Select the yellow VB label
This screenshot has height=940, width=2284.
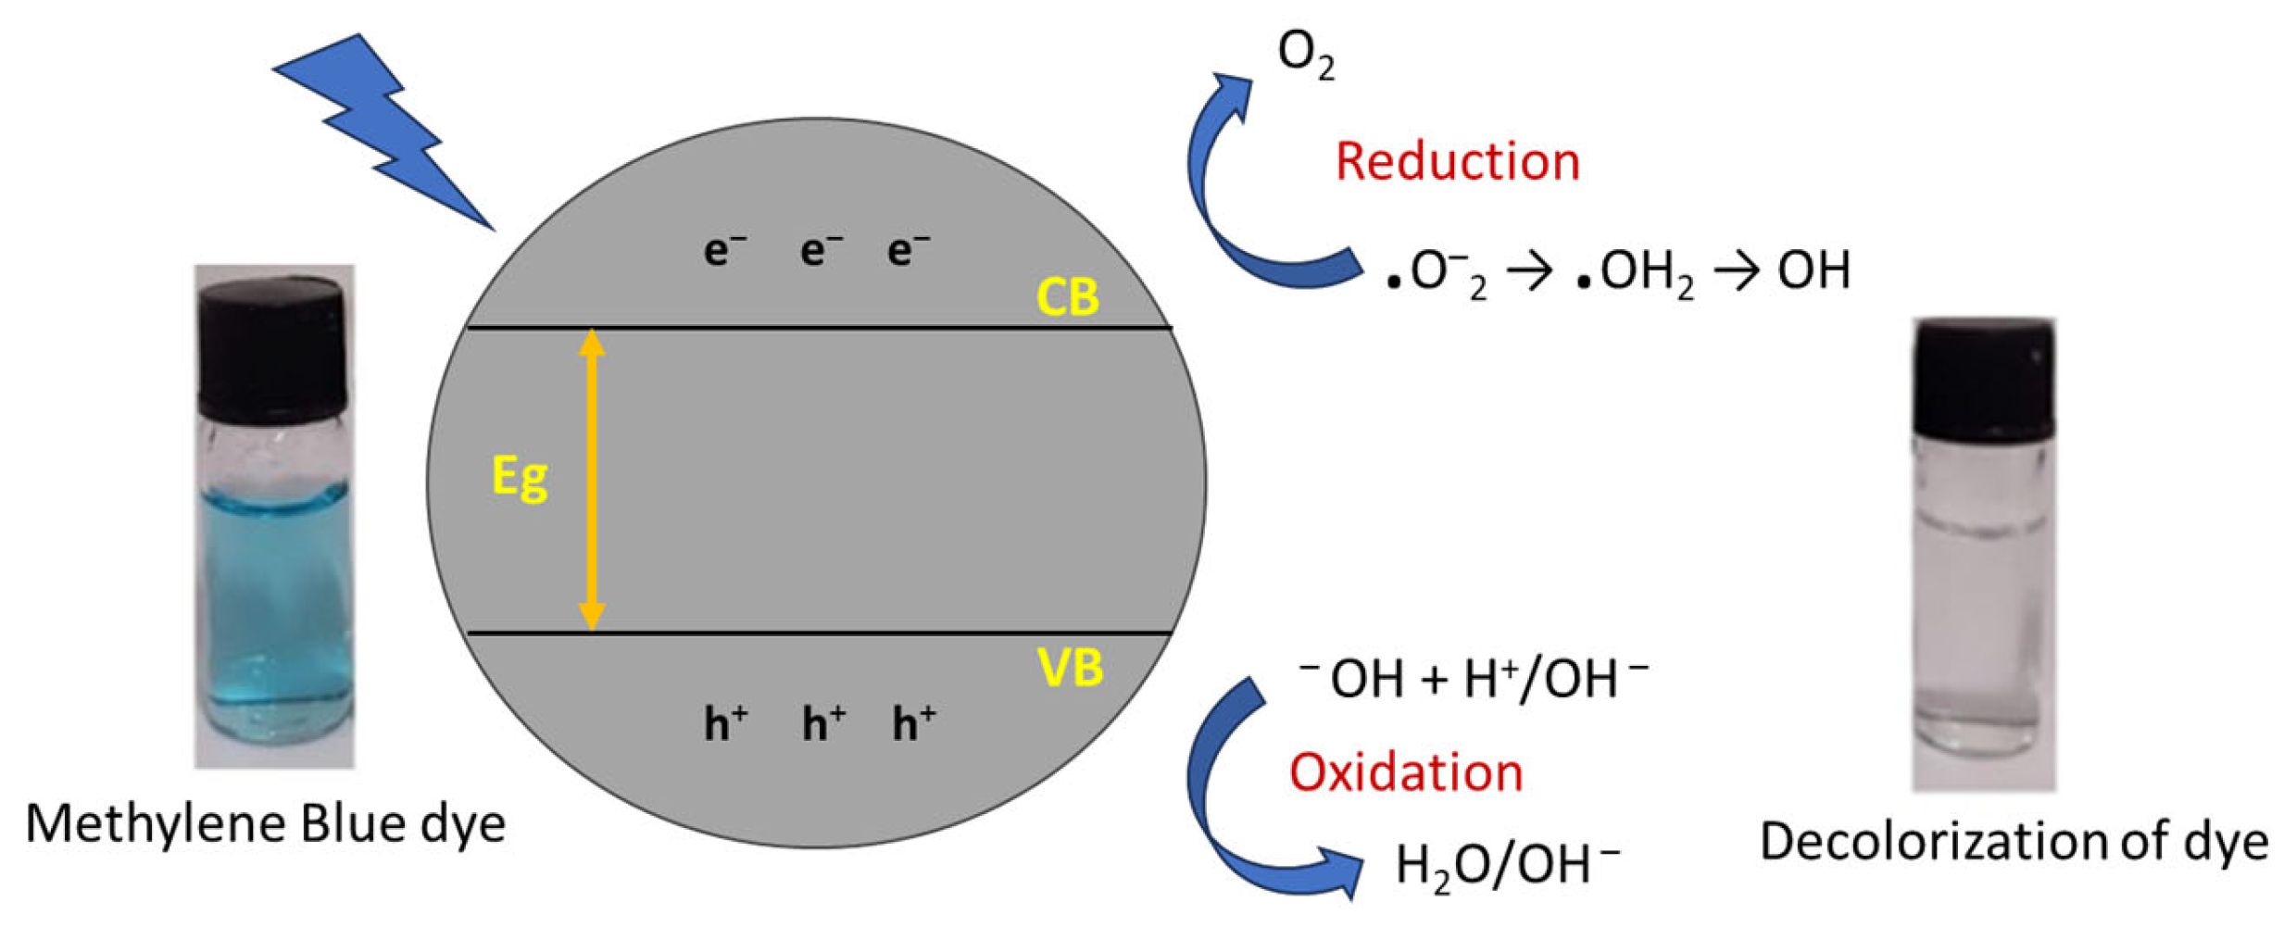(x=1070, y=667)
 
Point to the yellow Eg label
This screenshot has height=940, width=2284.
(x=520, y=478)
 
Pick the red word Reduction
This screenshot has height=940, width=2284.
(x=1457, y=162)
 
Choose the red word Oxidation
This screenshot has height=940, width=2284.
(x=1406, y=772)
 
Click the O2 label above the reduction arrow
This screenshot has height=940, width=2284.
(x=1305, y=54)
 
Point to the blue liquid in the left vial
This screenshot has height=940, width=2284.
(x=275, y=593)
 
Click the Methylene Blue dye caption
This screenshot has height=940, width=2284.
(x=266, y=823)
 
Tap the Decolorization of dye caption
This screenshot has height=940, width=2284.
(x=2013, y=842)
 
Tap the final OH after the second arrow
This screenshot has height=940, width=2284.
(x=1813, y=270)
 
